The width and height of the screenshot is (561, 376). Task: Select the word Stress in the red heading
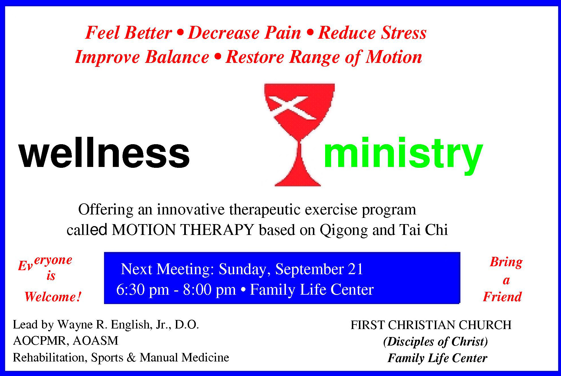click(x=404, y=33)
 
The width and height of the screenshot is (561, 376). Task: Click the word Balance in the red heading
click(x=177, y=57)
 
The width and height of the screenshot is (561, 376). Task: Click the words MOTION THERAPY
click(x=183, y=230)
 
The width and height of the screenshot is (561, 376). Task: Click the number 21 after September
click(x=356, y=269)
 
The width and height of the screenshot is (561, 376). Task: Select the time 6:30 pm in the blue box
click(x=143, y=290)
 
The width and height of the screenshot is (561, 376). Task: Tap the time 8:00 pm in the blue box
click(x=209, y=290)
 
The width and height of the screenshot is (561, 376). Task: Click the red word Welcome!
click(x=53, y=297)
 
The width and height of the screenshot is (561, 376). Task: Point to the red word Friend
click(x=502, y=297)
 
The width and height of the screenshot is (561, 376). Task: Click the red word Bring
click(x=506, y=262)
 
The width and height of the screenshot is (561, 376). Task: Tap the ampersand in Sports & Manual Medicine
click(x=131, y=357)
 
